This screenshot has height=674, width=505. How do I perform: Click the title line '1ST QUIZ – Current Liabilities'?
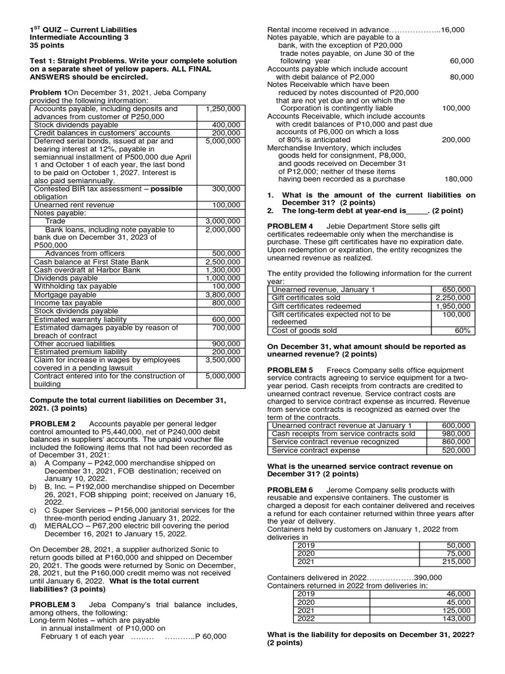click(84, 30)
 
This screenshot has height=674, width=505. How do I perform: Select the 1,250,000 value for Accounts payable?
click(223, 108)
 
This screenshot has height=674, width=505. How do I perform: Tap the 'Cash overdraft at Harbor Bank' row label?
click(87, 270)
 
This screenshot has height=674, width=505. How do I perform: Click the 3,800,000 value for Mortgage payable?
click(223, 295)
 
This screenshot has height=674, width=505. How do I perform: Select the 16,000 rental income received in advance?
click(452, 30)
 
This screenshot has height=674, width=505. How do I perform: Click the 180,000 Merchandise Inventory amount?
click(458, 178)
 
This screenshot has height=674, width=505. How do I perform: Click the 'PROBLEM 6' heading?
click(291, 490)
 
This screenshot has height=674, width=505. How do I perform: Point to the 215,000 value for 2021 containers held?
click(457, 561)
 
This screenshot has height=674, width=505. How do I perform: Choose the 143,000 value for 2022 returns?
click(457, 619)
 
